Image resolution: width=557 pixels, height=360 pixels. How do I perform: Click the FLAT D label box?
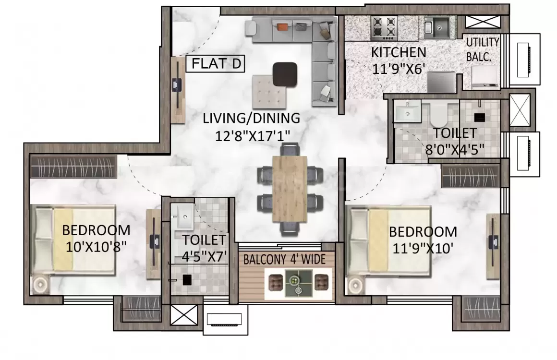[215, 64]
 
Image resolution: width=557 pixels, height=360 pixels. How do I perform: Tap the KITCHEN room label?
[399, 52]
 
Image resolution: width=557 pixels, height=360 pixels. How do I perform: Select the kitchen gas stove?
[384, 28]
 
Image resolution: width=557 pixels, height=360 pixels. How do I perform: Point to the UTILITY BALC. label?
[482, 49]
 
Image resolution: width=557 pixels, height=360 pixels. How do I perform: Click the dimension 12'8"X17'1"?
[252, 136]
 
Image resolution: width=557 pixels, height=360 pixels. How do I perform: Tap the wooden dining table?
[290, 189]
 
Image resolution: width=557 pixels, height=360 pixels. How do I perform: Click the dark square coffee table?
[285, 74]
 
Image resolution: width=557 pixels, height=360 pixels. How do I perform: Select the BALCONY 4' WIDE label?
[285, 260]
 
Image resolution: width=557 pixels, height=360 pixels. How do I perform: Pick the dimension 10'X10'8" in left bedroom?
[96, 247]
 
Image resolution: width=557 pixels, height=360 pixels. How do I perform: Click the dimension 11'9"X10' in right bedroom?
[423, 248]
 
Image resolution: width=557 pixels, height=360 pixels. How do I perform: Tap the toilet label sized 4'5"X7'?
[204, 248]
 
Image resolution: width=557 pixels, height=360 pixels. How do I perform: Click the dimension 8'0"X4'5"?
[455, 149]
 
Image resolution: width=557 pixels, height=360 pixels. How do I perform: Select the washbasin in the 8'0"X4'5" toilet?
[407, 110]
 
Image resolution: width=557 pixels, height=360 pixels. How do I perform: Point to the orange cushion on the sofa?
[282, 27]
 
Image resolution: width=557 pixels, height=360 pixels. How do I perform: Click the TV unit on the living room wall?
[177, 90]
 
